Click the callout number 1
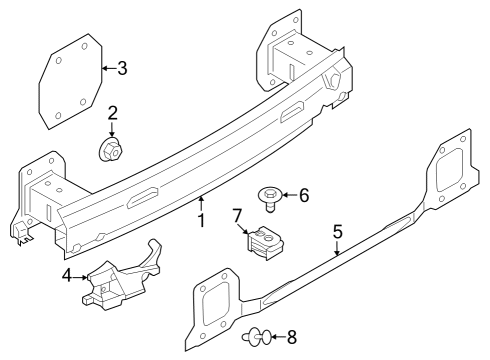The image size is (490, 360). (x=201, y=220)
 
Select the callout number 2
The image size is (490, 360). (x=113, y=113)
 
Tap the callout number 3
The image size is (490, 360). (x=122, y=68)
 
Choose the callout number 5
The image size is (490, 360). (x=337, y=231)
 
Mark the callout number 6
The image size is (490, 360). (x=305, y=196)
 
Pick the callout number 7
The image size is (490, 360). (x=238, y=215)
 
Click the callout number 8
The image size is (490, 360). (x=292, y=338)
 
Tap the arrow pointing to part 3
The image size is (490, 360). (x=108, y=68)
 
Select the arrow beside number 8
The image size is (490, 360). (x=277, y=338)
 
